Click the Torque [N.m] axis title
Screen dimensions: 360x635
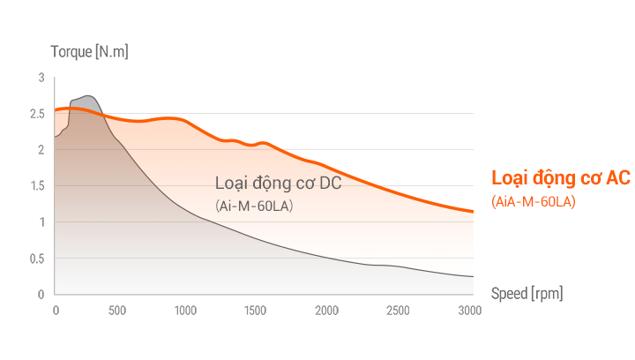click(x=90, y=52)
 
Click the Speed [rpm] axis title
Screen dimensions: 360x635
click(x=526, y=293)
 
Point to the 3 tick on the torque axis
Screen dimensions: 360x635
click(x=41, y=78)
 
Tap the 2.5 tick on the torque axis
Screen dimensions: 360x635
click(x=37, y=114)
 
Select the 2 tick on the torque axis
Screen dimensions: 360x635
click(x=41, y=150)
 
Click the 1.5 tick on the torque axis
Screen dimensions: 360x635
click(x=37, y=185)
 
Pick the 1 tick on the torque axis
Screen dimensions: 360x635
click(x=41, y=221)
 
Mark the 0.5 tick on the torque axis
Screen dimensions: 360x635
click(x=37, y=258)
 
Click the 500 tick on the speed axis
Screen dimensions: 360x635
click(x=116, y=310)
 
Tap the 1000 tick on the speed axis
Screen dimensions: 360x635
click(x=185, y=310)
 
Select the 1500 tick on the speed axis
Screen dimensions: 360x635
click(x=255, y=310)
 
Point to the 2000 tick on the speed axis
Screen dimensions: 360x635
click(x=326, y=310)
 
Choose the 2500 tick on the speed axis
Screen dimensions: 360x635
click(x=397, y=310)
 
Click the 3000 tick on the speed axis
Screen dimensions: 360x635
click(x=470, y=310)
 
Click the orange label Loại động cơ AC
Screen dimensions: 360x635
click(x=560, y=178)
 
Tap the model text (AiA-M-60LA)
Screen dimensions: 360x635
click(x=534, y=203)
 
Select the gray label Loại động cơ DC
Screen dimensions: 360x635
click(x=278, y=184)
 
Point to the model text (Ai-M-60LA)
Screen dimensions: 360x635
click(x=253, y=206)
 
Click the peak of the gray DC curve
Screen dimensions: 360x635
click(x=86, y=96)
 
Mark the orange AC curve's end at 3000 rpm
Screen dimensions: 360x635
click(x=473, y=212)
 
